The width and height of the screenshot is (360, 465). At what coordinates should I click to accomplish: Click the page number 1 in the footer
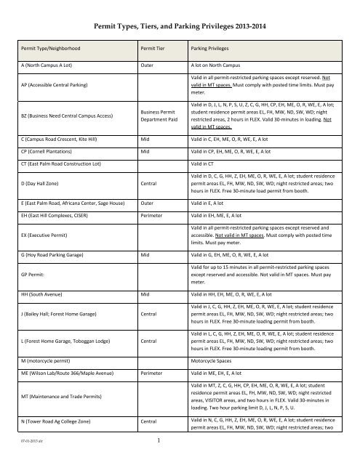coord(179,458)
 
